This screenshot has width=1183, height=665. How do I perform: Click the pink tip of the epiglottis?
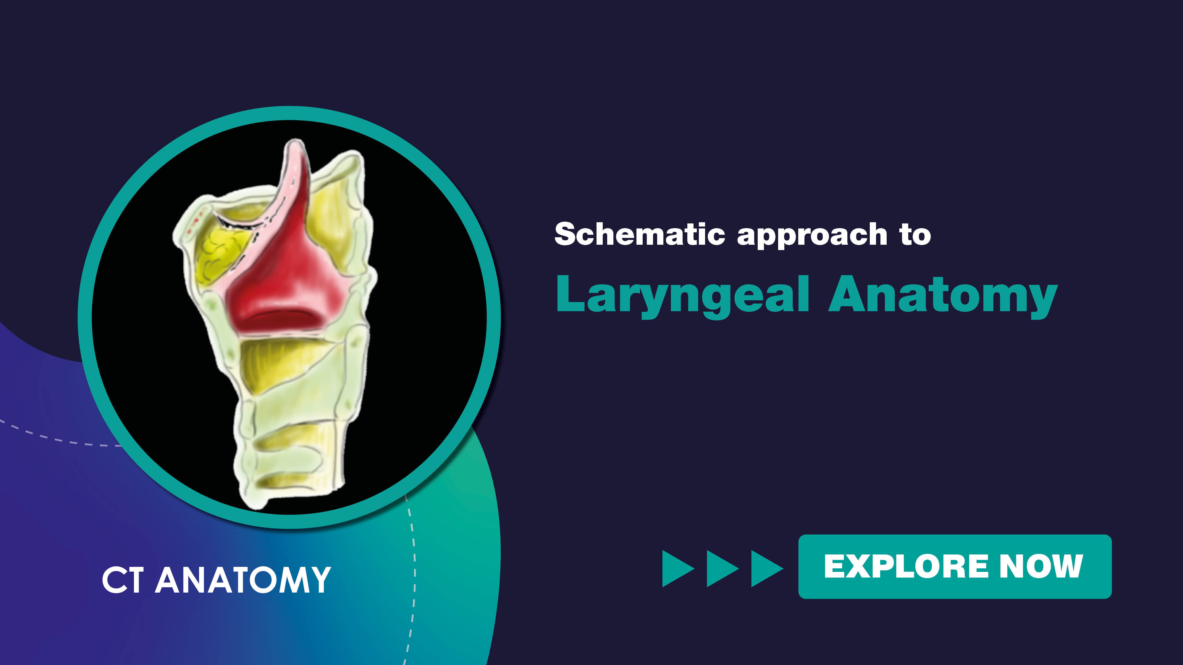pyautogui.click(x=294, y=151)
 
